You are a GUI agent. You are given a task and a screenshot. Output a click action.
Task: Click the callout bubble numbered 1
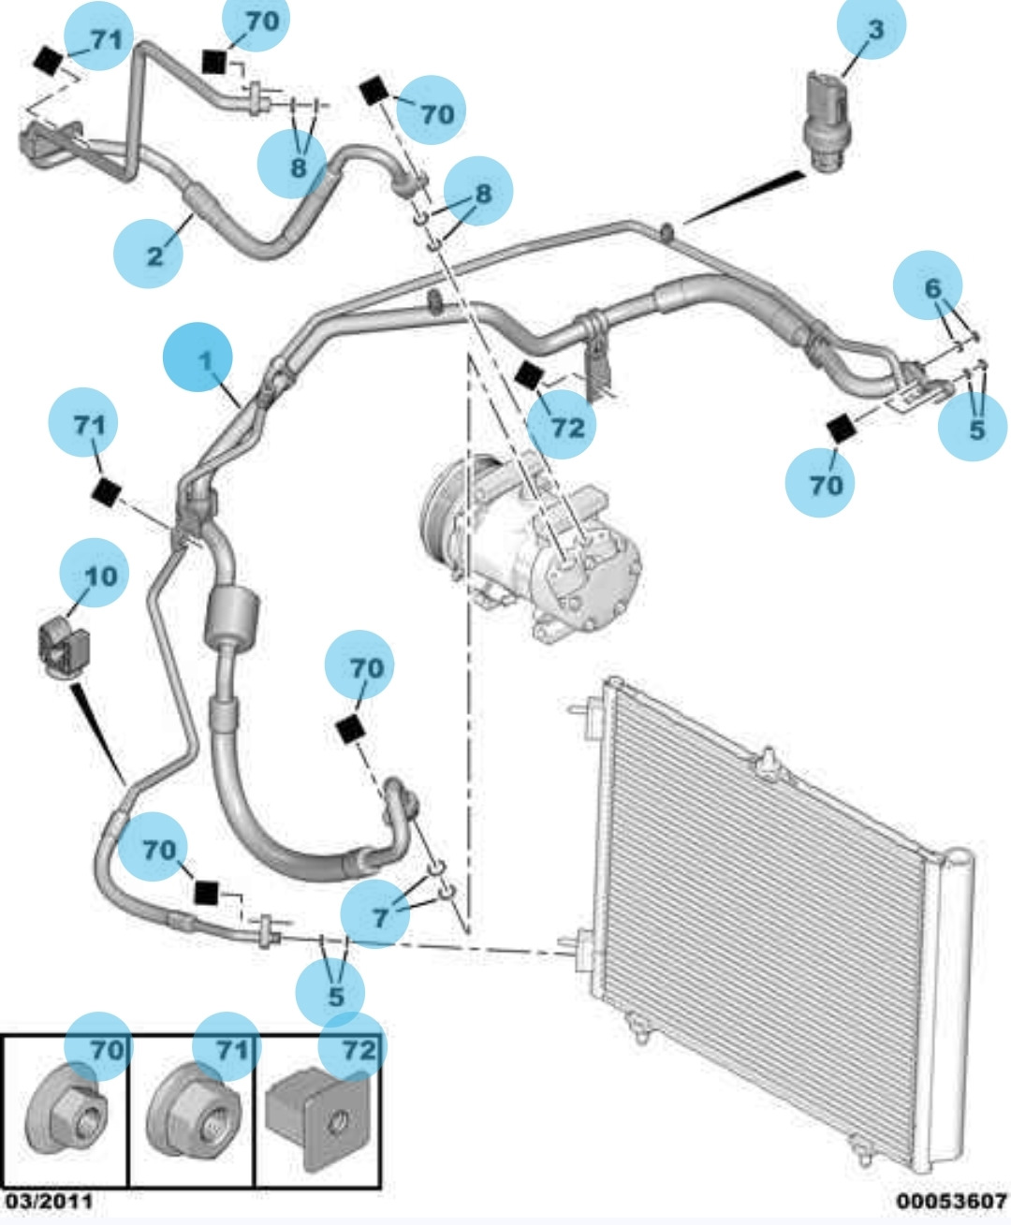click(x=198, y=357)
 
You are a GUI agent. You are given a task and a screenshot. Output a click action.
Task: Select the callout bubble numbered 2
click(x=148, y=253)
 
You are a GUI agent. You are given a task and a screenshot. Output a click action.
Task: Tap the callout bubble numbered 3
click(x=872, y=29)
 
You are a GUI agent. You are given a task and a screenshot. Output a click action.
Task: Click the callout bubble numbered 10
click(x=95, y=573)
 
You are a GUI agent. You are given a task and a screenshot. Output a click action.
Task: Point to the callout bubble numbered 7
click(x=376, y=914)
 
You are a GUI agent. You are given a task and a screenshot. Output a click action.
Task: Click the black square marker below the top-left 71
click(x=47, y=62)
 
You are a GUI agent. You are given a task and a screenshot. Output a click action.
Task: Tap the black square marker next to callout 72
click(x=529, y=376)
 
